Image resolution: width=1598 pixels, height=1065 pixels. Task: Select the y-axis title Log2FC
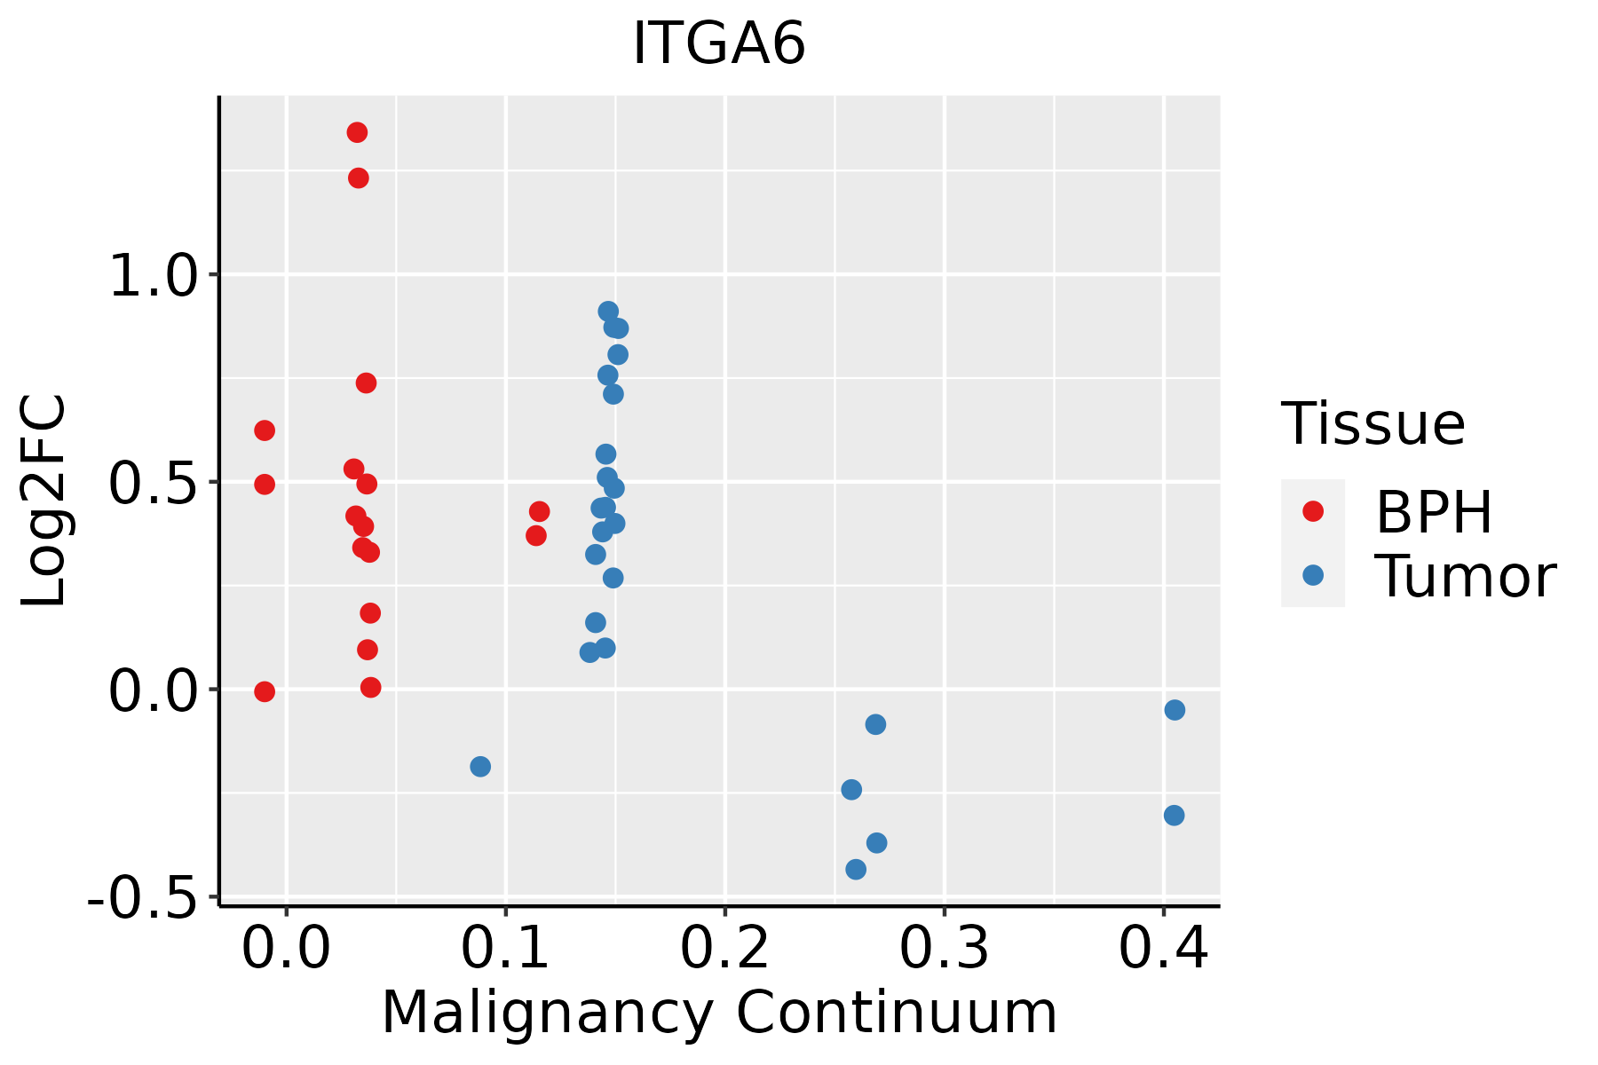coord(44,501)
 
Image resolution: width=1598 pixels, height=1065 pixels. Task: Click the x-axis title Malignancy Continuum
coord(719,1013)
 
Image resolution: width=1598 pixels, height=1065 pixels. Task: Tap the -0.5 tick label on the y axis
coord(142,899)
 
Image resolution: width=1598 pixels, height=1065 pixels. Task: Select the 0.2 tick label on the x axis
coord(724,949)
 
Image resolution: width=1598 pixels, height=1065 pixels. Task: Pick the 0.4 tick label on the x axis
coord(1163,949)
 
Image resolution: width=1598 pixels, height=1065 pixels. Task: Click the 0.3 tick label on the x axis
coord(944,949)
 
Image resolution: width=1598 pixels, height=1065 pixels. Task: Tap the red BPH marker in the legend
coord(1312,510)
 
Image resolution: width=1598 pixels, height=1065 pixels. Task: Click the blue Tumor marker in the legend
coord(1312,575)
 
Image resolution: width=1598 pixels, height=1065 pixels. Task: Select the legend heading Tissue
coord(1373,424)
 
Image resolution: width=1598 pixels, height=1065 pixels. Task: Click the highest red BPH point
coord(357,132)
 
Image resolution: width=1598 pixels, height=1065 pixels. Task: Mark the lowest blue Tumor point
coord(856,869)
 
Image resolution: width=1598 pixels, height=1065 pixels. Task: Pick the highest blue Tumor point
coord(608,312)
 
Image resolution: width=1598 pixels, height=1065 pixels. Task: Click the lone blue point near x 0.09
coord(480,766)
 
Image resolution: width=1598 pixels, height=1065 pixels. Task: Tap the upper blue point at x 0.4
coord(1175,710)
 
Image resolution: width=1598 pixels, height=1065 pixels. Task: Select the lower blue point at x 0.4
coord(1174,815)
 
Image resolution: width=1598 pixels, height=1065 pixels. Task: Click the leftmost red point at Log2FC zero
coord(265,691)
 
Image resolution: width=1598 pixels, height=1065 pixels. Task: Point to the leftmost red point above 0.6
coord(265,430)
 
